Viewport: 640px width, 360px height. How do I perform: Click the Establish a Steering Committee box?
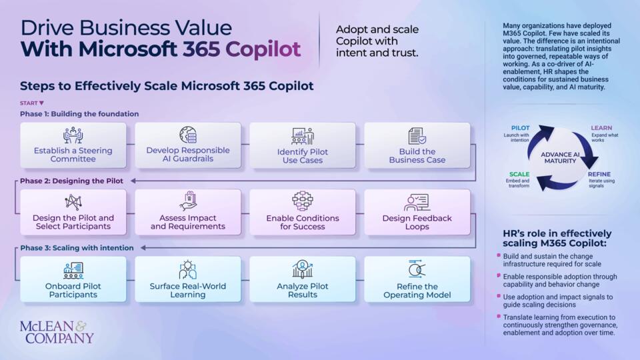73,145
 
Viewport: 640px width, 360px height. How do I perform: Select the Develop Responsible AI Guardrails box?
188,145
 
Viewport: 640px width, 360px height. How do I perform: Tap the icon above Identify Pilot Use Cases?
303,136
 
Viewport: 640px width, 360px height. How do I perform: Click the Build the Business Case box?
417,145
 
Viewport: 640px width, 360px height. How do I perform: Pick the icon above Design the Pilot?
73,202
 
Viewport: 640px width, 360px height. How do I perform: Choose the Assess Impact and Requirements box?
188,212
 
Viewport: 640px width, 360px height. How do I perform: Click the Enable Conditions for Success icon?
303,201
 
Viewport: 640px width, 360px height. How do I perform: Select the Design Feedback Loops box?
417,212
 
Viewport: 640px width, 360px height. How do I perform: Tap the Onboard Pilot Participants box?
73,279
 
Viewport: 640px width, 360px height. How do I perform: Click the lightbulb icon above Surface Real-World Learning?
188,269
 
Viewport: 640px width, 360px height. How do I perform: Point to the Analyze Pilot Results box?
303,279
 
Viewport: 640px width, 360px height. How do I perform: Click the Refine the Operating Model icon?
417,269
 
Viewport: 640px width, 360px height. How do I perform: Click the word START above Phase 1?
29,103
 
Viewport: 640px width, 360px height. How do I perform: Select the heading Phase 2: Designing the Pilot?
71,181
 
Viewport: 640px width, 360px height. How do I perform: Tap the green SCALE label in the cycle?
519,174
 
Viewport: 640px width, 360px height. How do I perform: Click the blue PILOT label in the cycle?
521,128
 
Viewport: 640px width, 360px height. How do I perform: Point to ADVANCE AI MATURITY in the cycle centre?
560,157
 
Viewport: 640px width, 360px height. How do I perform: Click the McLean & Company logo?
57,332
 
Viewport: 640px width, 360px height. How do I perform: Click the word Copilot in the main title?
263,49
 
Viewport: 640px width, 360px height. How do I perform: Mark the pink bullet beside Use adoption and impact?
499,295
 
